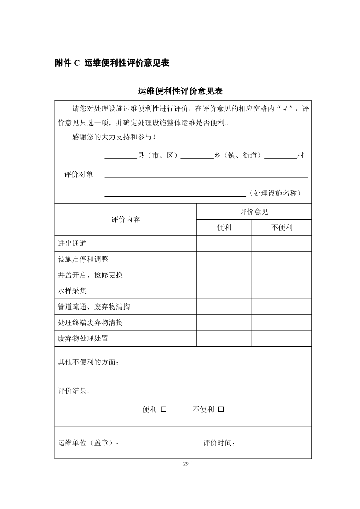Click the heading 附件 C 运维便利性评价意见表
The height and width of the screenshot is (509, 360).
tap(112, 63)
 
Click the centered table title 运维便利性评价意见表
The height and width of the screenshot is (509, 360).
tap(180, 91)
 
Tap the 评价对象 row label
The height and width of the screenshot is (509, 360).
tap(78, 175)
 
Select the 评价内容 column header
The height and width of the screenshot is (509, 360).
tap(126, 220)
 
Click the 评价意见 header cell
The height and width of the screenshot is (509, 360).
tap(254, 212)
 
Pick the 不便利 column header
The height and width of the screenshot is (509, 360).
tap(282, 228)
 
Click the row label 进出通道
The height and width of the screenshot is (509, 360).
tap(72, 243)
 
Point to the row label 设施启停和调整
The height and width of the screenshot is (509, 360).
tap(83, 259)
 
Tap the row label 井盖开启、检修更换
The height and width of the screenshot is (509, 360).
tap(90, 275)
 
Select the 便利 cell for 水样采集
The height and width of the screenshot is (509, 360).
tap(224, 291)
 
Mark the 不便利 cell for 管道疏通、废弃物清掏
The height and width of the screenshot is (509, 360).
tap(282, 307)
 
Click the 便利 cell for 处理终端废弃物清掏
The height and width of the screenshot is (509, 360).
tap(224, 323)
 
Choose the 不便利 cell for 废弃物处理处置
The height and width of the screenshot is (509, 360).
tap(282, 338)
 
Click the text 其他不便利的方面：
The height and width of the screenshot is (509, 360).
tap(88, 362)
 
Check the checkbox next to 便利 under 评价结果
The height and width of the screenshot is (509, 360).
tap(164, 409)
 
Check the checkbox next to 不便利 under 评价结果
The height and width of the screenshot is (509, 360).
tap(221, 409)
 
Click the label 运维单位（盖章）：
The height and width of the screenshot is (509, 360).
tap(88, 443)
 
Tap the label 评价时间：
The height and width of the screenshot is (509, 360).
tap(219, 443)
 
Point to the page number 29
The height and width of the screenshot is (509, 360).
tap(186, 464)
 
